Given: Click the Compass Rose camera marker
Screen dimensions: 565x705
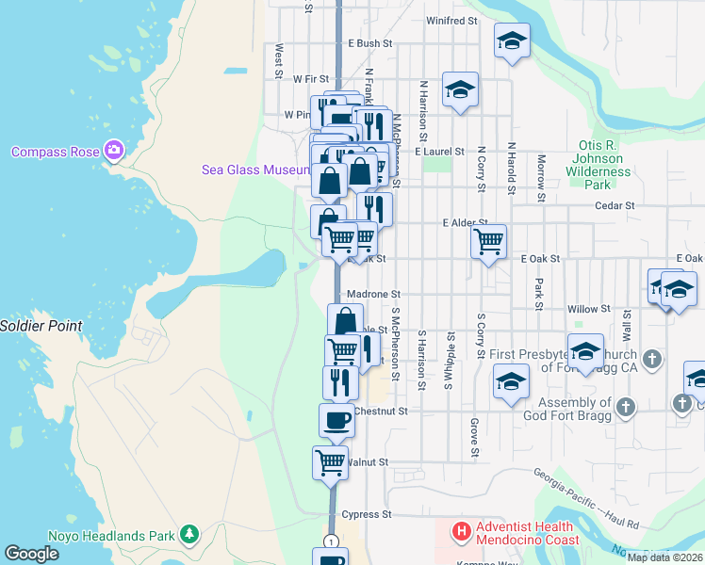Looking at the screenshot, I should tap(115, 150).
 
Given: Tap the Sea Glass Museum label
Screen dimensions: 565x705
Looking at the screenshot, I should tap(256, 170).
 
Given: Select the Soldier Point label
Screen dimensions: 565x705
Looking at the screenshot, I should tap(41, 326).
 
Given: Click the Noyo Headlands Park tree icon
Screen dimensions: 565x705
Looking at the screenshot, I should tap(189, 535).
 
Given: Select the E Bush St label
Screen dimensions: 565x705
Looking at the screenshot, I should tap(369, 43).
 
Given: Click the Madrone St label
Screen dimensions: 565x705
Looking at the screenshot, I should tap(374, 295).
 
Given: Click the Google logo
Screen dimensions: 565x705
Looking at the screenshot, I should tap(32, 554).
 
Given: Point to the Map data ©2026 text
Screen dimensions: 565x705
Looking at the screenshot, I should tap(664, 557).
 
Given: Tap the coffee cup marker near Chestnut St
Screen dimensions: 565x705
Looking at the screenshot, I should tap(336, 420).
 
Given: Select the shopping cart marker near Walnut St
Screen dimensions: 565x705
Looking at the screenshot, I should tap(331, 462).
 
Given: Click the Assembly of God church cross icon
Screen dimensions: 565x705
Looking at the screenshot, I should tap(626, 408).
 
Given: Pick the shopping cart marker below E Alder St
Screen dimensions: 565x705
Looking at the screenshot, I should tap(488, 241).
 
